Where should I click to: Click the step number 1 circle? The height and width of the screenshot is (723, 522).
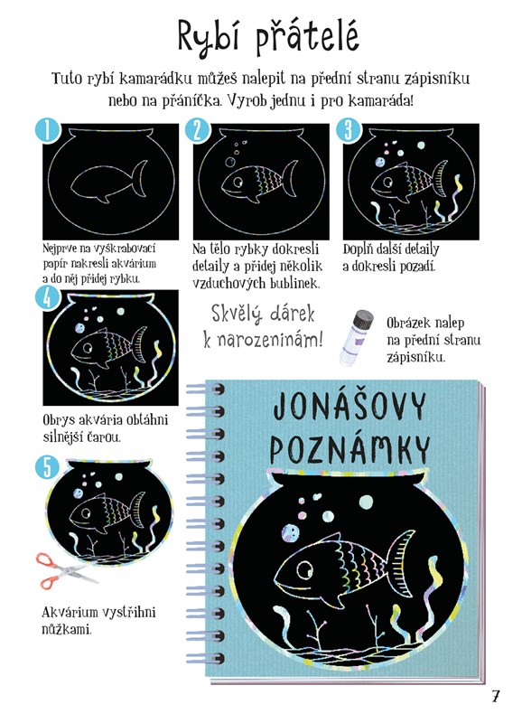48,130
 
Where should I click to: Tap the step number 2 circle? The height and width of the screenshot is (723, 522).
198,130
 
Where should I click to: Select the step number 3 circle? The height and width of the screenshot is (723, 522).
348,130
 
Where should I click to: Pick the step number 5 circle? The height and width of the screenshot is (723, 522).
48,467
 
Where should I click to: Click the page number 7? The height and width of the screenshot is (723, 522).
495,695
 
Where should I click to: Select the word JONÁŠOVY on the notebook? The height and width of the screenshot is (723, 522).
350,406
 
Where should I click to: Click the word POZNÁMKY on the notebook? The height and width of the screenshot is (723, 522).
350,449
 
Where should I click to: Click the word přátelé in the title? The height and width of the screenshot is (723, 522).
307,37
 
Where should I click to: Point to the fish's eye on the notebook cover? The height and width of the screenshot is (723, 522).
304,569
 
